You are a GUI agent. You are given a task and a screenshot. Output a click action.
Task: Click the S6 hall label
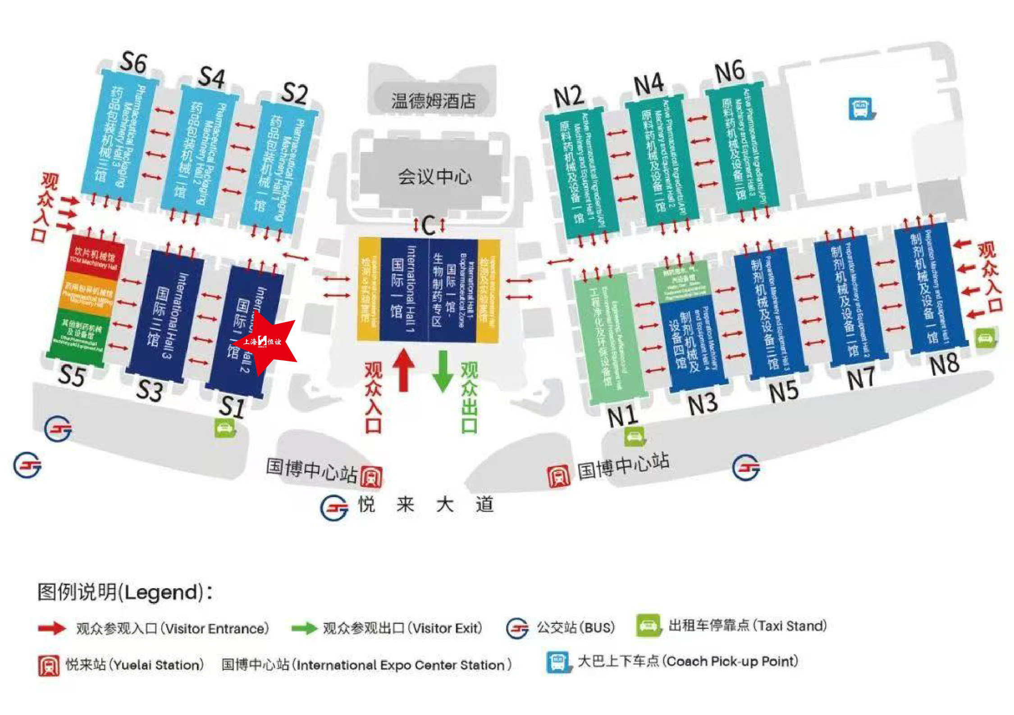coord(133,63)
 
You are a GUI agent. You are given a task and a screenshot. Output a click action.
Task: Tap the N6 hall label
coord(730,72)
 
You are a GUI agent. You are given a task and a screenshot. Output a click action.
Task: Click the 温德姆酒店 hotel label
coord(433,101)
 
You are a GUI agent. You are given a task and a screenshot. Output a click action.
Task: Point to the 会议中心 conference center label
coord(434,176)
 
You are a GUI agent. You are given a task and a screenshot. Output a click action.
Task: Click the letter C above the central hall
coord(429,226)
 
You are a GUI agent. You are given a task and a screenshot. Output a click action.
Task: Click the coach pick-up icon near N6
coord(861,109)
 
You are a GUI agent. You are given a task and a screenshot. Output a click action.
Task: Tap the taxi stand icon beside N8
coord(985,338)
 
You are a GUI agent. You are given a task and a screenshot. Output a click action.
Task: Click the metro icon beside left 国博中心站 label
coord(371,477)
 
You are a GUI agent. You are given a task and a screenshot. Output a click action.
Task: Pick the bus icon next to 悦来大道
coord(334,508)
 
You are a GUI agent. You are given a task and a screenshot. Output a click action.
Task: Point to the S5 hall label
coord(72,375)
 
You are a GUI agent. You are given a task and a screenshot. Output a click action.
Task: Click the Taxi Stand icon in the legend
coord(648,626)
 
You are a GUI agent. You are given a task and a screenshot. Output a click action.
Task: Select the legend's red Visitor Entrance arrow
coord(52,628)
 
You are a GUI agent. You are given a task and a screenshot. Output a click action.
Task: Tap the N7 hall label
coord(860,378)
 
